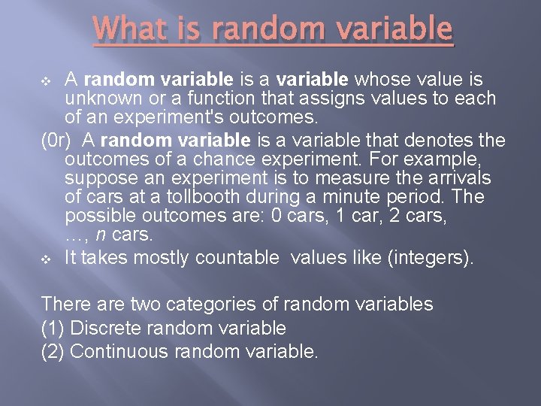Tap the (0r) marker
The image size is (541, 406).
click(56, 140)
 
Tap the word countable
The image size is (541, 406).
click(237, 258)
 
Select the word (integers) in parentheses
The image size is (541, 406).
click(431, 258)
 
